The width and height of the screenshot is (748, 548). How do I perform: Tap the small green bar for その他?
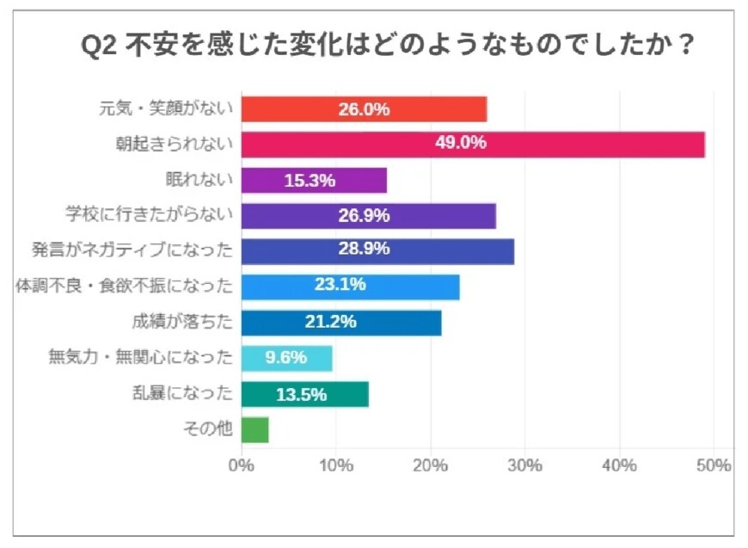254,429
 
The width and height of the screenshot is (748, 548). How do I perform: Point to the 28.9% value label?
365,249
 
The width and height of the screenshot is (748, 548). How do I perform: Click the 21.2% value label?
330,323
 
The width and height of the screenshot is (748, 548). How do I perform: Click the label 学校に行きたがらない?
150,215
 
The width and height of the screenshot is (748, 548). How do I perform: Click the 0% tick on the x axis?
242,465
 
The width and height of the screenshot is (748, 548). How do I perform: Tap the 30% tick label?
524,465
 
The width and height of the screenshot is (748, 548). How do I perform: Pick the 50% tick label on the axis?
713,465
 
